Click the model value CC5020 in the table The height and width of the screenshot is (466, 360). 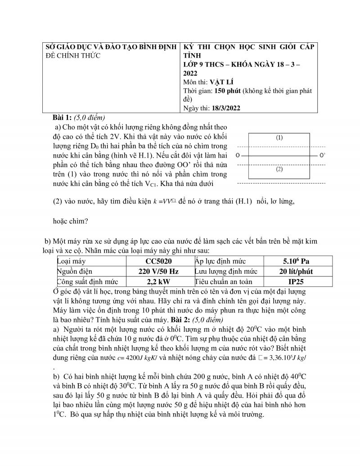pos(158,261)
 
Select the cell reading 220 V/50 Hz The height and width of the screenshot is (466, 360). pos(158,271)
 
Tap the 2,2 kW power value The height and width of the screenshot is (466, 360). pos(158,282)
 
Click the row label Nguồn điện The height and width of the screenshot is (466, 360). pos(74,271)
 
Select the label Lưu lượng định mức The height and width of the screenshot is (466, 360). pos(226,271)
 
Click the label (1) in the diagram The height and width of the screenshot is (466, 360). pos(279,138)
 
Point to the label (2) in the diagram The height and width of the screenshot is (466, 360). pos(279,170)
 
